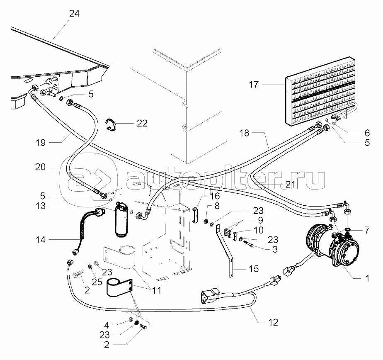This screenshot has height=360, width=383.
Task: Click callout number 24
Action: click(74, 13)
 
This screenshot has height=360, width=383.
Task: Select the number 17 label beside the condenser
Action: click(254, 85)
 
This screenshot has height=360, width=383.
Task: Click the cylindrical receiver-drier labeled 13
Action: click(121, 219)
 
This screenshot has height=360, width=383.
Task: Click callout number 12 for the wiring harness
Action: click(273, 322)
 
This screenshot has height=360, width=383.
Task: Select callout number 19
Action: click(41, 142)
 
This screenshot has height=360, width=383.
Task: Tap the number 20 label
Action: click(40, 167)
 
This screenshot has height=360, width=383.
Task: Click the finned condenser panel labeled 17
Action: click(320, 92)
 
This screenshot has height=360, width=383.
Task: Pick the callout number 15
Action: click(254, 269)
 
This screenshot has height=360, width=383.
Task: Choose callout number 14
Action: click(41, 240)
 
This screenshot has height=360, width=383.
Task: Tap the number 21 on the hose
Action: click(291, 185)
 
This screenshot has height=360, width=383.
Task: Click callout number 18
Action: click(244, 133)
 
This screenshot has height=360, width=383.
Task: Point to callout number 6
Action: click(367, 133)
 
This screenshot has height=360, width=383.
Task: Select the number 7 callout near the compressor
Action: click(367, 230)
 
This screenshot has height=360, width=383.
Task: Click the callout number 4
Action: click(107, 325)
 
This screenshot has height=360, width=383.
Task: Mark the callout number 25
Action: click(97, 282)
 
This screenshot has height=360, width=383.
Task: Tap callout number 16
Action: click(215, 196)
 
